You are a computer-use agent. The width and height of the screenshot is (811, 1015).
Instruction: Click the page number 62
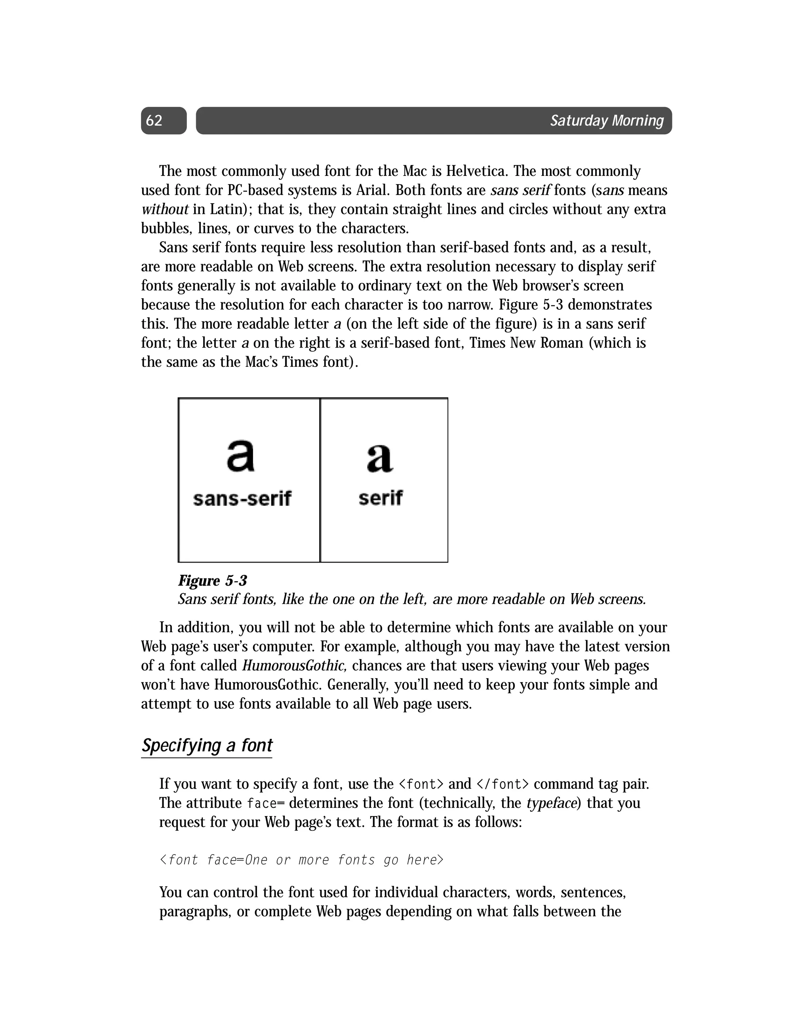pyautogui.click(x=154, y=121)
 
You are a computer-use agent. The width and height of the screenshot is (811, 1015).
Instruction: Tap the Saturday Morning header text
pyautogui.click(x=607, y=121)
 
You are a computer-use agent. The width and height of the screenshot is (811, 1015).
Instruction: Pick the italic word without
pyautogui.click(x=165, y=210)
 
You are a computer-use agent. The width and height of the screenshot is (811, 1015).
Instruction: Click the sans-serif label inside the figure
pyautogui.click(x=242, y=498)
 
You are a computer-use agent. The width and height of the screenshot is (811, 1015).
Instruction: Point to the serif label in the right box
pyautogui.click(x=380, y=498)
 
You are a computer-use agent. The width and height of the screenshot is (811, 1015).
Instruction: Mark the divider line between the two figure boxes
pyautogui.click(x=320, y=480)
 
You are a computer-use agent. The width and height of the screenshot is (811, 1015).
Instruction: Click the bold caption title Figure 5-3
pyautogui.click(x=212, y=581)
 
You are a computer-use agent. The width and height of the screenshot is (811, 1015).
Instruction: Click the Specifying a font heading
pyautogui.click(x=207, y=745)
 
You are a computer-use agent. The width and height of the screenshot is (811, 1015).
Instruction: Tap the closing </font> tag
pyautogui.click(x=503, y=784)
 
